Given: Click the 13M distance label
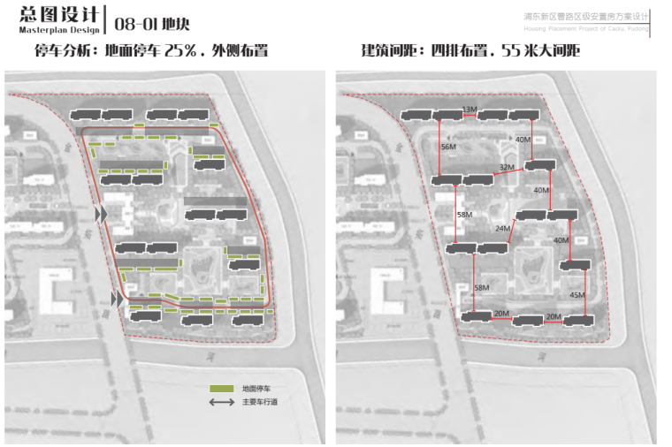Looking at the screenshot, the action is click(x=470, y=110).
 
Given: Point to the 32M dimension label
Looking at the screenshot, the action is click(x=506, y=166).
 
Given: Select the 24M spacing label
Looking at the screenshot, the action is click(x=503, y=228).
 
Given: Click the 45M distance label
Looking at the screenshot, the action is click(x=577, y=294).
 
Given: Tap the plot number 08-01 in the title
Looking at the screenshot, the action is click(x=135, y=18).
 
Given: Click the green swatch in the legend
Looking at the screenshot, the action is click(x=220, y=388).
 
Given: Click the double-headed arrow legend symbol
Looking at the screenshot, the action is click(x=220, y=403).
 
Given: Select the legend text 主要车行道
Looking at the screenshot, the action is click(x=259, y=404).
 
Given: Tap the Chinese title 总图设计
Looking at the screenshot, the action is click(x=52, y=14).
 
